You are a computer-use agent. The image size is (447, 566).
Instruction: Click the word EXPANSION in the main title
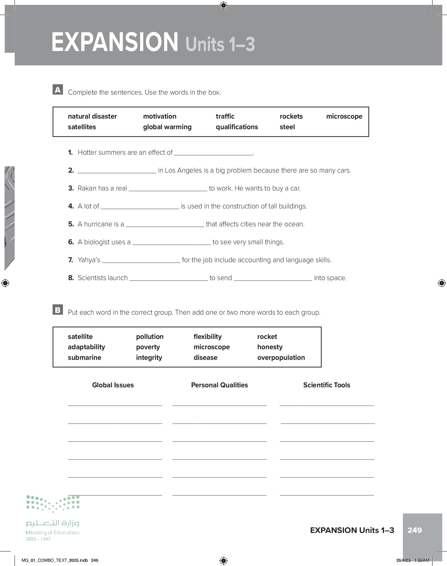[x=115, y=42]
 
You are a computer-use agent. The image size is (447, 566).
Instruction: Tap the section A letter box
[x=58, y=89]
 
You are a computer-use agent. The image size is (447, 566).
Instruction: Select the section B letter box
[x=58, y=310]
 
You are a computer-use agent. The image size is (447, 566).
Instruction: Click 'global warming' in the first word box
[x=167, y=127]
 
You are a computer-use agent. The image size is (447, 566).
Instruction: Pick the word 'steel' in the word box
[x=287, y=127]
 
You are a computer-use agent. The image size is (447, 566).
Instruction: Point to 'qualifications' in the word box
[x=237, y=127]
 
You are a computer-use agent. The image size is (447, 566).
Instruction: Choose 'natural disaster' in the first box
[x=92, y=116]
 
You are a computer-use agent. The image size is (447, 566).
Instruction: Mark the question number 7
[x=71, y=260]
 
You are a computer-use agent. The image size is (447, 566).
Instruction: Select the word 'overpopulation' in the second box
[x=281, y=358]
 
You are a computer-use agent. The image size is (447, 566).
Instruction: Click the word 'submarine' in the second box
[x=84, y=358]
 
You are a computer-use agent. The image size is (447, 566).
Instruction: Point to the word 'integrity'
[x=149, y=358]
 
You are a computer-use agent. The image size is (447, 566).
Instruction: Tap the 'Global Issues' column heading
[x=113, y=385]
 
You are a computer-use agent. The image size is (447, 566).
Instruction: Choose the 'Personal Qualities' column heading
[x=219, y=385]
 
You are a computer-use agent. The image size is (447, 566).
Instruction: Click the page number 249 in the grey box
[x=414, y=530]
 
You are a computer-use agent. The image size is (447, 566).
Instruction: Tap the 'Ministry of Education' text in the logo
[x=52, y=532]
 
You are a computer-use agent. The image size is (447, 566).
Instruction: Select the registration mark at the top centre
[x=223, y=5]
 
